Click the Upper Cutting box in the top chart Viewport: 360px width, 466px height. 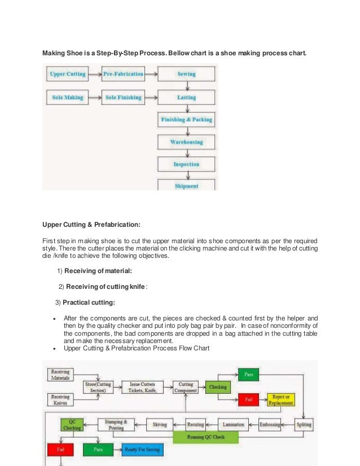[68, 74]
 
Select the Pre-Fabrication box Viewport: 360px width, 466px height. [123, 74]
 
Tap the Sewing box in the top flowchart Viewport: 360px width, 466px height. [186, 74]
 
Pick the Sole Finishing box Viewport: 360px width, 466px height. [123, 98]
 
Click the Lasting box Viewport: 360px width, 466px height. [186, 98]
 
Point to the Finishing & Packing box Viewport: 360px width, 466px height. [186, 120]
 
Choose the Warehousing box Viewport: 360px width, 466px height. [186, 142]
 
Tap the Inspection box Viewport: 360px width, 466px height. [186, 164]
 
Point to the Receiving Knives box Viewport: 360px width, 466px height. [60, 400]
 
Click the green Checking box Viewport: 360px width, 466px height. [218, 388]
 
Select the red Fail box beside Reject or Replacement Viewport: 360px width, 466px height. [248, 400]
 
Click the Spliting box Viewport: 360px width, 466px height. [304, 424]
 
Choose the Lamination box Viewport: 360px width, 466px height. [233, 424]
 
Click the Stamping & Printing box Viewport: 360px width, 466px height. [117, 424]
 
